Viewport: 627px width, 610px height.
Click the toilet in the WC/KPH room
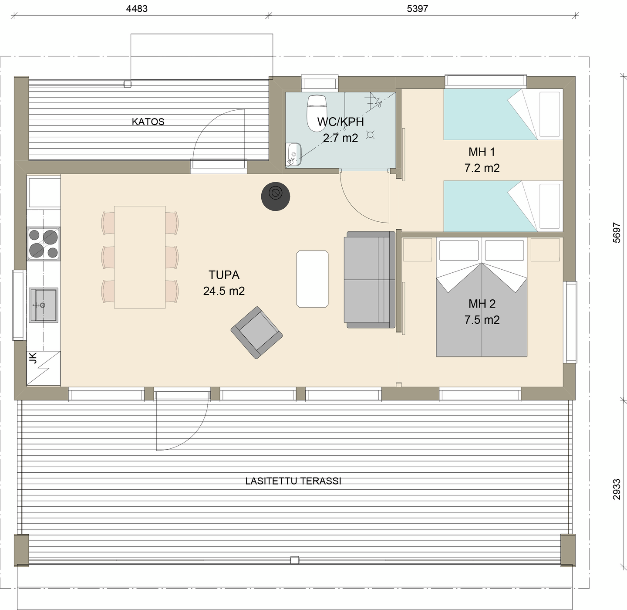(x=317, y=112)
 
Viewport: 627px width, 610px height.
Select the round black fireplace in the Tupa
(x=276, y=197)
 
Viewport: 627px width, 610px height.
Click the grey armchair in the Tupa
(x=256, y=332)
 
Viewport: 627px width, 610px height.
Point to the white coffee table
(x=312, y=279)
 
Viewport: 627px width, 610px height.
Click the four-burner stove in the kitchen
(x=44, y=244)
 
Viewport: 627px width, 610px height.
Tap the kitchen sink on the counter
(x=44, y=305)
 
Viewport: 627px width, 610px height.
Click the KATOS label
(x=148, y=122)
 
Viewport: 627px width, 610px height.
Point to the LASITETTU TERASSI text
(x=293, y=481)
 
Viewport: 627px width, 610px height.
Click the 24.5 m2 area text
(x=224, y=291)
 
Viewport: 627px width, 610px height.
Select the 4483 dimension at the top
(x=137, y=9)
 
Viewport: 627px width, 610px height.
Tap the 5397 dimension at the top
(x=418, y=9)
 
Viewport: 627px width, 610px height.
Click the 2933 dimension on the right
(x=617, y=489)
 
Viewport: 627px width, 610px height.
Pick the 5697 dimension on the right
(x=617, y=232)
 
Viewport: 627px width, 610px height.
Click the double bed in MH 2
(x=482, y=305)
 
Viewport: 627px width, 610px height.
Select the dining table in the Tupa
(x=140, y=257)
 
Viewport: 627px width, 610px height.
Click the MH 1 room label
(x=482, y=152)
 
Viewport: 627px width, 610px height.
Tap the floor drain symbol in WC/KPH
(x=371, y=135)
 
